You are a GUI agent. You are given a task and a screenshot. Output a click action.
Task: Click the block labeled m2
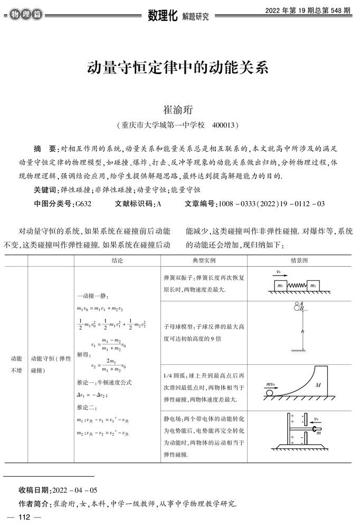click(314, 286)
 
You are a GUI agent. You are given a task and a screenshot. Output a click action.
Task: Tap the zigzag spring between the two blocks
click(297, 286)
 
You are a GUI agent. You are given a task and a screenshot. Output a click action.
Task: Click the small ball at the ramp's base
click(270, 392)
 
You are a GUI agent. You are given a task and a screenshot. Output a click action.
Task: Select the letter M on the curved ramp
click(318, 385)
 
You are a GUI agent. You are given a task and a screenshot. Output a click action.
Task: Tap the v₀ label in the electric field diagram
click(316, 421)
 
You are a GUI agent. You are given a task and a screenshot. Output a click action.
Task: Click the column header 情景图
click(299, 261)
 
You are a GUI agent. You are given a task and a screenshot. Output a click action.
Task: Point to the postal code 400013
click(223, 126)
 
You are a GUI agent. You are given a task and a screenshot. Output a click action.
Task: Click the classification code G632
click(83, 203)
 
